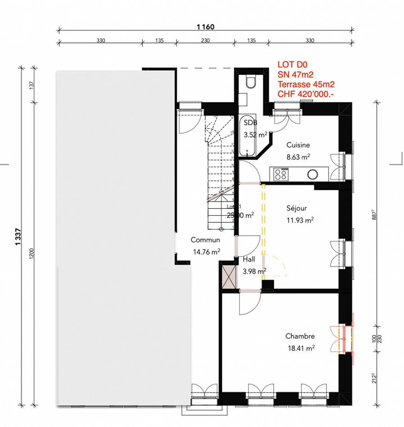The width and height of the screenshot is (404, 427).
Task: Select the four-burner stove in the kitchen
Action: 281,174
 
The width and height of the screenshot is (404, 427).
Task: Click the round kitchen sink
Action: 312,175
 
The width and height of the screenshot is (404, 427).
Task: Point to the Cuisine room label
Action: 298,145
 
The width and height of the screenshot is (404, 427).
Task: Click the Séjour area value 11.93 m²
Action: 300,220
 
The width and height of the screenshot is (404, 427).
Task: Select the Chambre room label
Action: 300,336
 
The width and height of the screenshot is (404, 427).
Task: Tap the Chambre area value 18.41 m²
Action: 301,348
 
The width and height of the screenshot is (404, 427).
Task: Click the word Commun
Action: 205,240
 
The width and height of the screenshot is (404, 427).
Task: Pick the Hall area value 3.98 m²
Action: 254,271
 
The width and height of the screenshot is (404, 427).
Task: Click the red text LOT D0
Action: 292,65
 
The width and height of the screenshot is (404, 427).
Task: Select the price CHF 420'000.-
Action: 306,94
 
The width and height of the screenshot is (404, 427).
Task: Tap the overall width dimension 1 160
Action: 205,27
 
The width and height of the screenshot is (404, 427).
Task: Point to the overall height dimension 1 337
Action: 18,237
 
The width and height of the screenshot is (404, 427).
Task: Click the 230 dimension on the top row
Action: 205,40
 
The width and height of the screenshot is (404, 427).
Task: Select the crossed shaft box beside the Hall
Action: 229,277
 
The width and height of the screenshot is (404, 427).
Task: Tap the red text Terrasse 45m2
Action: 306,84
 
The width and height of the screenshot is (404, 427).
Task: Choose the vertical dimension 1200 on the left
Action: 31,253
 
